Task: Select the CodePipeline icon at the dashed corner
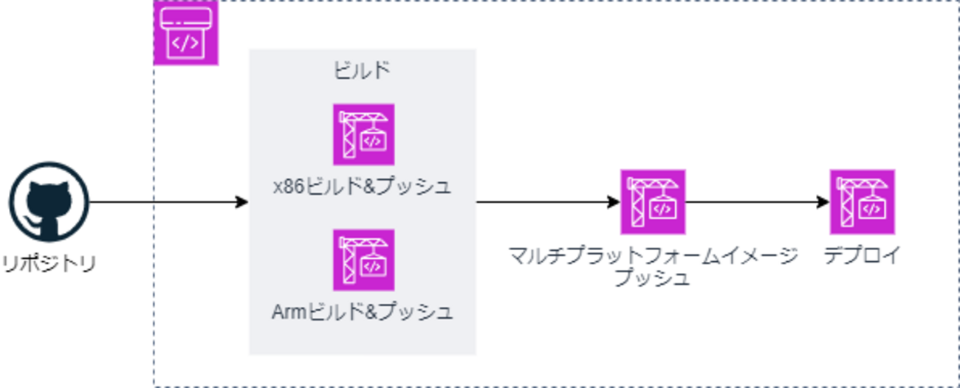point(185,33)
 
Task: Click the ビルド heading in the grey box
point(362,72)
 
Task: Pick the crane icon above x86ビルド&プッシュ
point(363,134)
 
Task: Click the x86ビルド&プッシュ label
point(362,187)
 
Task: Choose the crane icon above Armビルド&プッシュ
point(363,260)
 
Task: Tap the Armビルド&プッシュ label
point(362,312)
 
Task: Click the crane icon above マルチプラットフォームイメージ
point(653,202)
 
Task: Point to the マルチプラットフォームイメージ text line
point(654,257)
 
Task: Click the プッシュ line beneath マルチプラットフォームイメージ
point(653,278)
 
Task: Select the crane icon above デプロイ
point(863,202)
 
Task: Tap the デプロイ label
point(863,257)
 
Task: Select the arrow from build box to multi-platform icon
point(546,202)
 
